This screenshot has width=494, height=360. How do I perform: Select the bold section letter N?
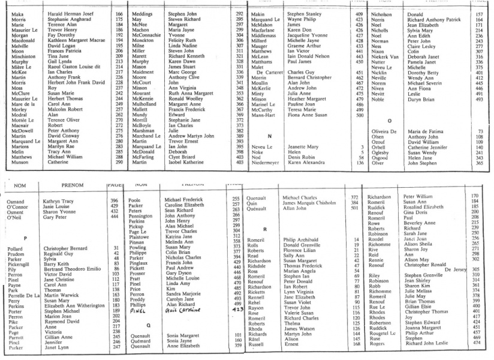[269, 137]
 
